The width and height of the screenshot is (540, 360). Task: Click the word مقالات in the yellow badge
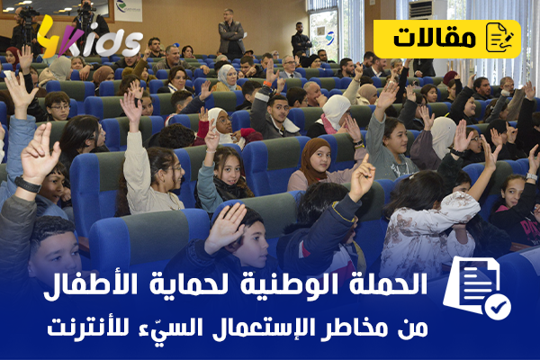(x=435, y=38)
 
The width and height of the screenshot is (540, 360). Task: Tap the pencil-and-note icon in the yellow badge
(x=499, y=37)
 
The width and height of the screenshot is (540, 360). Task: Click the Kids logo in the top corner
(x=89, y=38)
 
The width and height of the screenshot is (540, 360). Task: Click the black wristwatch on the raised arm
(x=28, y=184)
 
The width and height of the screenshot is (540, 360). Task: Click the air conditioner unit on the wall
(x=421, y=9)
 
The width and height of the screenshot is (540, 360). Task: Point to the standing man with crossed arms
(x=231, y=33)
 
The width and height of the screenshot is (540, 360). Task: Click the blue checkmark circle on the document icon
(x=498, y=307)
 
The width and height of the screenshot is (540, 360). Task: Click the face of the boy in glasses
(x=58, y=107)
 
